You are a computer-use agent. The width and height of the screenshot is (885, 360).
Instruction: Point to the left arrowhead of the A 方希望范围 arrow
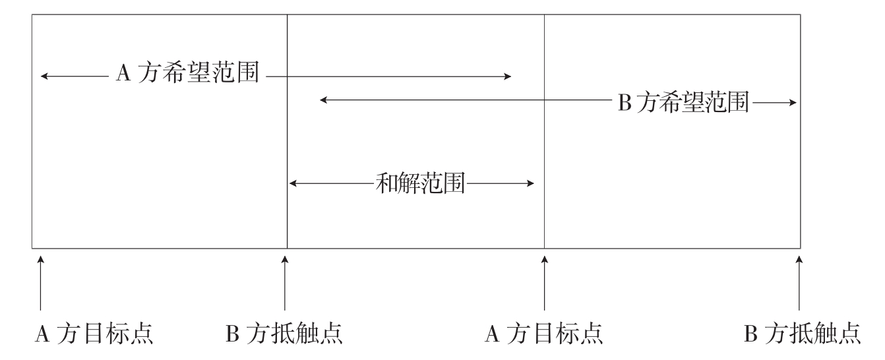click(x=44, y=76)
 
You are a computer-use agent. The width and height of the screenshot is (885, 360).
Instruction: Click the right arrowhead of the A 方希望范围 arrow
click(x=508, y=76)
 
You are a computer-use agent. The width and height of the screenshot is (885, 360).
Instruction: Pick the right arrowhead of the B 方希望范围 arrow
click(x=794, y=102)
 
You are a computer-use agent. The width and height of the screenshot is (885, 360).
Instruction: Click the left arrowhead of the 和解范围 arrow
click(x=293, y=183)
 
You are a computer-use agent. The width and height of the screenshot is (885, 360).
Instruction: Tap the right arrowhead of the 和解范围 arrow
click(x=531, y=183)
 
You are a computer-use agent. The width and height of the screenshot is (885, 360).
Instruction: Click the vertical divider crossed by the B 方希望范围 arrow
click(x=544, y=132)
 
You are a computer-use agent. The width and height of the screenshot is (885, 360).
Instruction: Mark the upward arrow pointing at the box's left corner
click(x=41, y=284)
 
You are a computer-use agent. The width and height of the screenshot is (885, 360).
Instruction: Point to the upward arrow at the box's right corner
click(x=799, y=284)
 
